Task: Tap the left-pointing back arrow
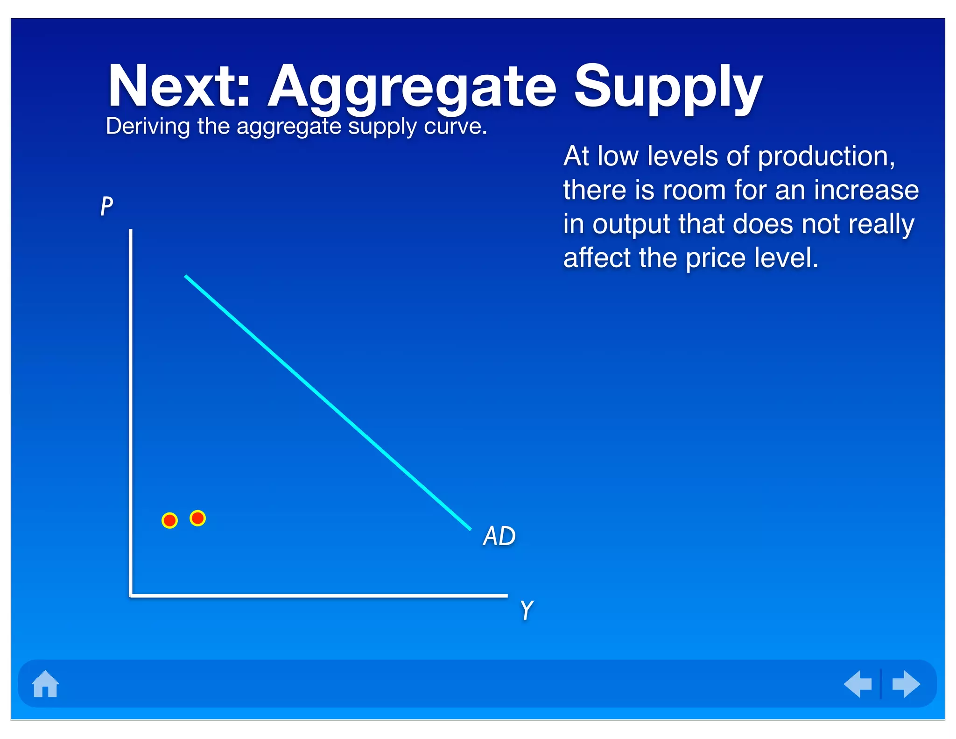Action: click(858, 684)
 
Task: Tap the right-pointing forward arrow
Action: click(906, 684)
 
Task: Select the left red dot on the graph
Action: click(169, 520)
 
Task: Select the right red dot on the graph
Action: click(198, 518)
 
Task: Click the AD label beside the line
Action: click(499, 536)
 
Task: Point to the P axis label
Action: click(106, 206)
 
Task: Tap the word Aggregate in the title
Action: click(412, 89)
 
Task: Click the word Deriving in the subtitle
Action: click(148, 127)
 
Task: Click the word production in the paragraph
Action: click(826, 157)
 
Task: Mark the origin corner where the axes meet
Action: click(131, 595)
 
